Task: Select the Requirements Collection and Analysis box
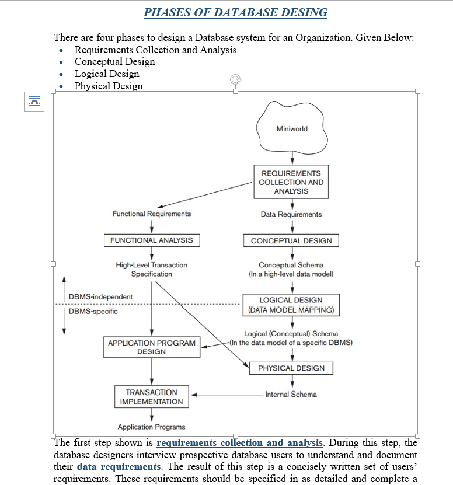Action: (291, 182)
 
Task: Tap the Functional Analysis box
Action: (151, 240)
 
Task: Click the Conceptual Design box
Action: (291, 240)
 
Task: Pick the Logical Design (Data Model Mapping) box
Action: (291, 305)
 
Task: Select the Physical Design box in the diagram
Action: (291, 368)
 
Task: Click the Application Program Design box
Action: (152, 347)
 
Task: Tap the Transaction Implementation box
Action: (151, 397)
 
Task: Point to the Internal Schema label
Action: (291, 395)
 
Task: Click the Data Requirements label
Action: (291, 214)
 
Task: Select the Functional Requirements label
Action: (152, 214)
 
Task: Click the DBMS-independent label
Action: (100, 297)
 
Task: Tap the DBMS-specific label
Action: (93, 311)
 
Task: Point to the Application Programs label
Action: (151, 427)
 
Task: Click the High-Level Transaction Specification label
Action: (151, 269)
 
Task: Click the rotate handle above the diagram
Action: (235, 79)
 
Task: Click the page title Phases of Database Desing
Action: (235, 12)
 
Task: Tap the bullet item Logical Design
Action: (107, 74)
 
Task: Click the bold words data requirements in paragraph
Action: (119, 466)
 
